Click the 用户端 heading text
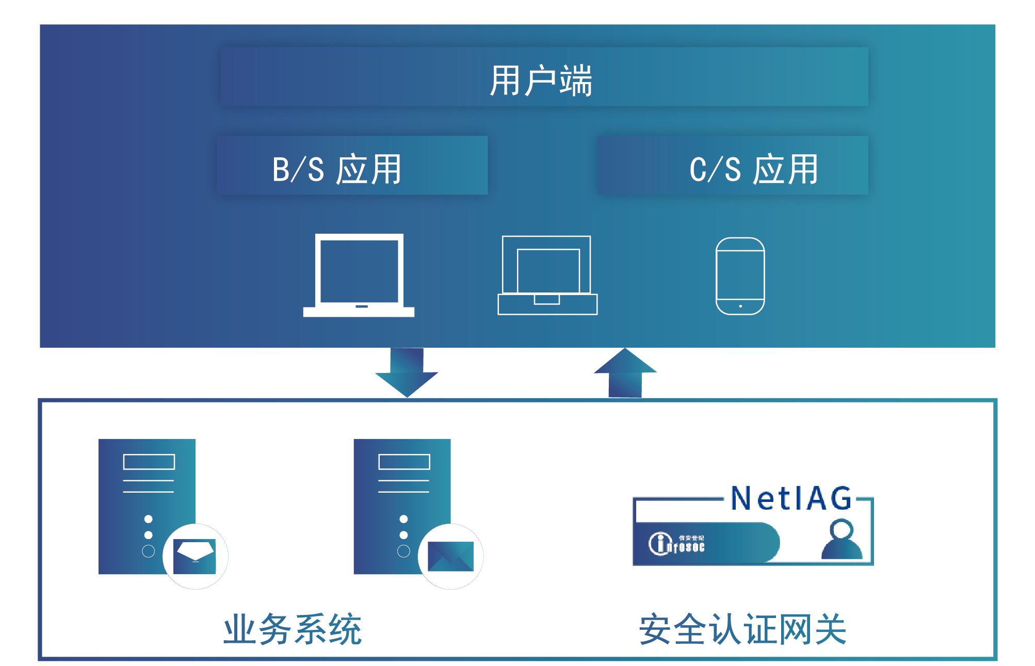coord(540,80)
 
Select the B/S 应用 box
coord(352,166)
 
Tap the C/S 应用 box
coord(733,166)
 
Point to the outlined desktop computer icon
coord(547,275)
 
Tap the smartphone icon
coord(740,275)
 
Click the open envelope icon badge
coord(195,556)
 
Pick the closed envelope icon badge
coord(450,556)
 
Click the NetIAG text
coord(791,498)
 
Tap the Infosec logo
coord(676,543)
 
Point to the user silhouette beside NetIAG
coord(842,540)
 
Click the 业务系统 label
coord(293,629)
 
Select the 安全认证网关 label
coord(742,629)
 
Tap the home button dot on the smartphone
coord(740,306)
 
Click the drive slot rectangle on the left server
coord(149,462)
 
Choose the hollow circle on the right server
coord(403,551)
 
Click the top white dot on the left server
coord(149,518)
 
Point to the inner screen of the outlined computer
coord(548,271)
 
